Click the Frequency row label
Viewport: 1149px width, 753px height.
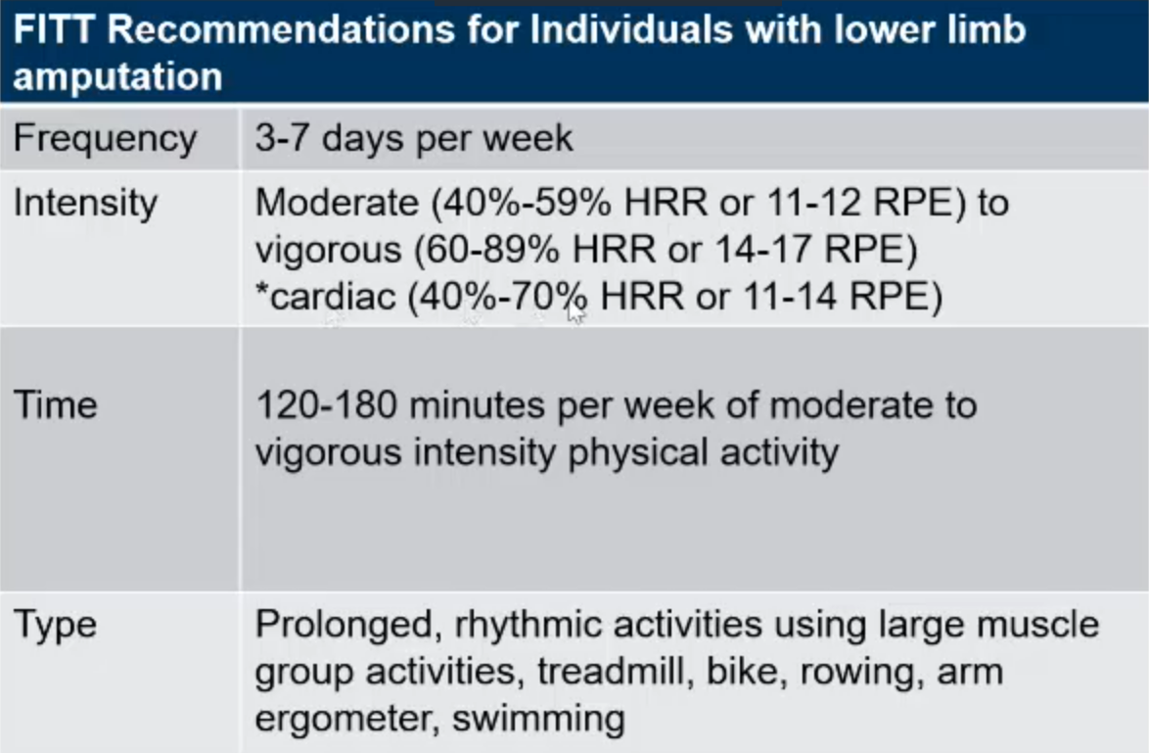click(106, 139)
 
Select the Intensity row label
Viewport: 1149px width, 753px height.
click(85, 203)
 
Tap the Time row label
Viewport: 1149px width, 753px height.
click(55, 404)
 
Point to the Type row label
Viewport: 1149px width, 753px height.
click(55, 626)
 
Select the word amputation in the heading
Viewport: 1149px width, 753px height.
click(118, 77)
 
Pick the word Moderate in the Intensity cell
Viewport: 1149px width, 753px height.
click(337, 203)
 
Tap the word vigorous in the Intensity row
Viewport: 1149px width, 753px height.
click(328, 251)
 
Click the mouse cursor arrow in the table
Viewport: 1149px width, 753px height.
click(575, 311)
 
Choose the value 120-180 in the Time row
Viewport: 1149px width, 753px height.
click(327, 404)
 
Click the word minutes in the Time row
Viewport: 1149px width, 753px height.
click(477, 404)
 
